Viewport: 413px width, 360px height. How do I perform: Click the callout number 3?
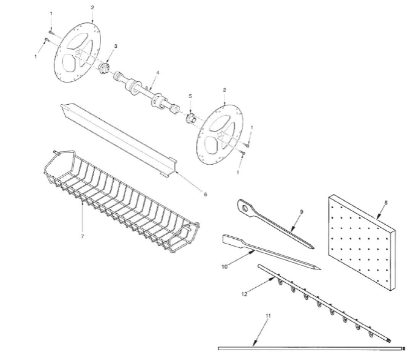point(116,46)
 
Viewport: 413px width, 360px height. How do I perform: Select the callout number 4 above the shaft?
point(158,72)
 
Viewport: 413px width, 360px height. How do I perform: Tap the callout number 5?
point(190,96)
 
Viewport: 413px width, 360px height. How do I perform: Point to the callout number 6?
point(205,195)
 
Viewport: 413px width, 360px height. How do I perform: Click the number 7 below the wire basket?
point(83,236)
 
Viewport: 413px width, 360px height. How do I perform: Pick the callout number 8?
point(386,203)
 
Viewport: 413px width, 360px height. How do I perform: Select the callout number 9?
point(302,212)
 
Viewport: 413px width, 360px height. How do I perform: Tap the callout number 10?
point(225,267)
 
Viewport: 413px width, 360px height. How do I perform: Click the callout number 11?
point(268,316)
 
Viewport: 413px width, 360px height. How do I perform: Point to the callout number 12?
point(244,294)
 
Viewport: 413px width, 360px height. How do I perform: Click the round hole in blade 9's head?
point(245,208)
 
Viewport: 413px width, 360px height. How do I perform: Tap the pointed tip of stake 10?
point(320,269)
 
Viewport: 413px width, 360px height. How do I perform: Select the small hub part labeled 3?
point(104,69)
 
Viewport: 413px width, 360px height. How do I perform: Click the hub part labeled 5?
point(191,119)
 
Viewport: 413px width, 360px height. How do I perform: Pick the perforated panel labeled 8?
point(362,242)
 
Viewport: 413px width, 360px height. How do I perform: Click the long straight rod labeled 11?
point(311,348)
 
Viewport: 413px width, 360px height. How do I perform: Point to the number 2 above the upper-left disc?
point(92,7)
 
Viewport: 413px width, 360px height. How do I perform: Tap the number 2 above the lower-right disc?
point(225,90)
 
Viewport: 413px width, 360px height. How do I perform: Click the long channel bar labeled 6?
point(119,140)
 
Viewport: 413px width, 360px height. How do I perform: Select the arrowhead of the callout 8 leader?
point(377,217)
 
